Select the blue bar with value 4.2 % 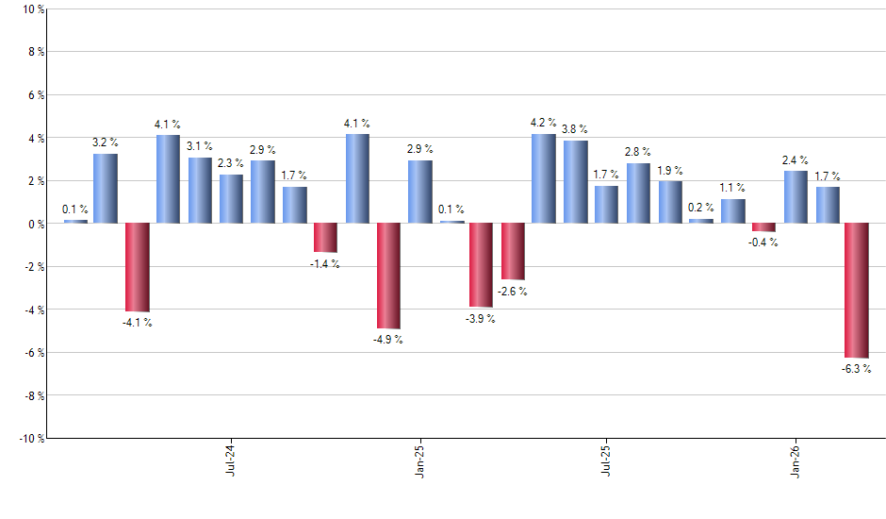click(x=544, y=178)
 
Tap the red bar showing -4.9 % click(x=388, y=276)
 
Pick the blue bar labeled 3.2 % click(x=106, y=189)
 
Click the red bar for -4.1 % click(x=138, y=267)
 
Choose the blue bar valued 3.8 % click(x=575, y=182)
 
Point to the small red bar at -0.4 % click(x=763, y=227)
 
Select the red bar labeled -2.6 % click(x=513, y=251)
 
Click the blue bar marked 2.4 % click(x=796, y=197)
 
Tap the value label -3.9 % click(x=481, y=319)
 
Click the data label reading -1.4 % click(x=325, y=264)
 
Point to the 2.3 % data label click(x=231, y=163)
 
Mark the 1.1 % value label click(x=732, y=188)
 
